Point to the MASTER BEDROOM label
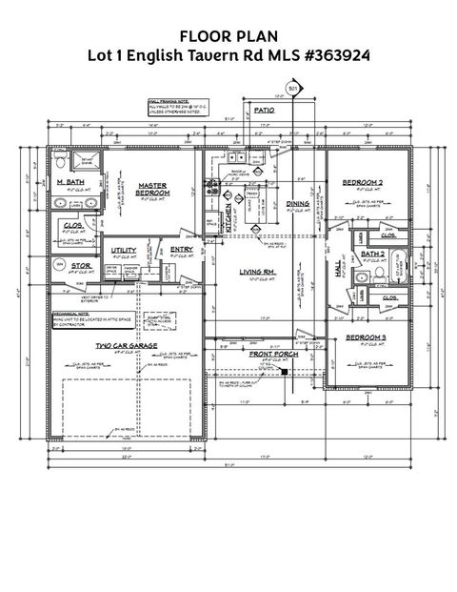point(152,190)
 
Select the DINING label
point(298,203)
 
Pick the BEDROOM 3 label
point(365,338)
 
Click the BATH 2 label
point(372,255)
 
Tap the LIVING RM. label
point(257,272)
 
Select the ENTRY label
point(182,250)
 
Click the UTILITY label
point(124,250)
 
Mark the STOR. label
point(81,266)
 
